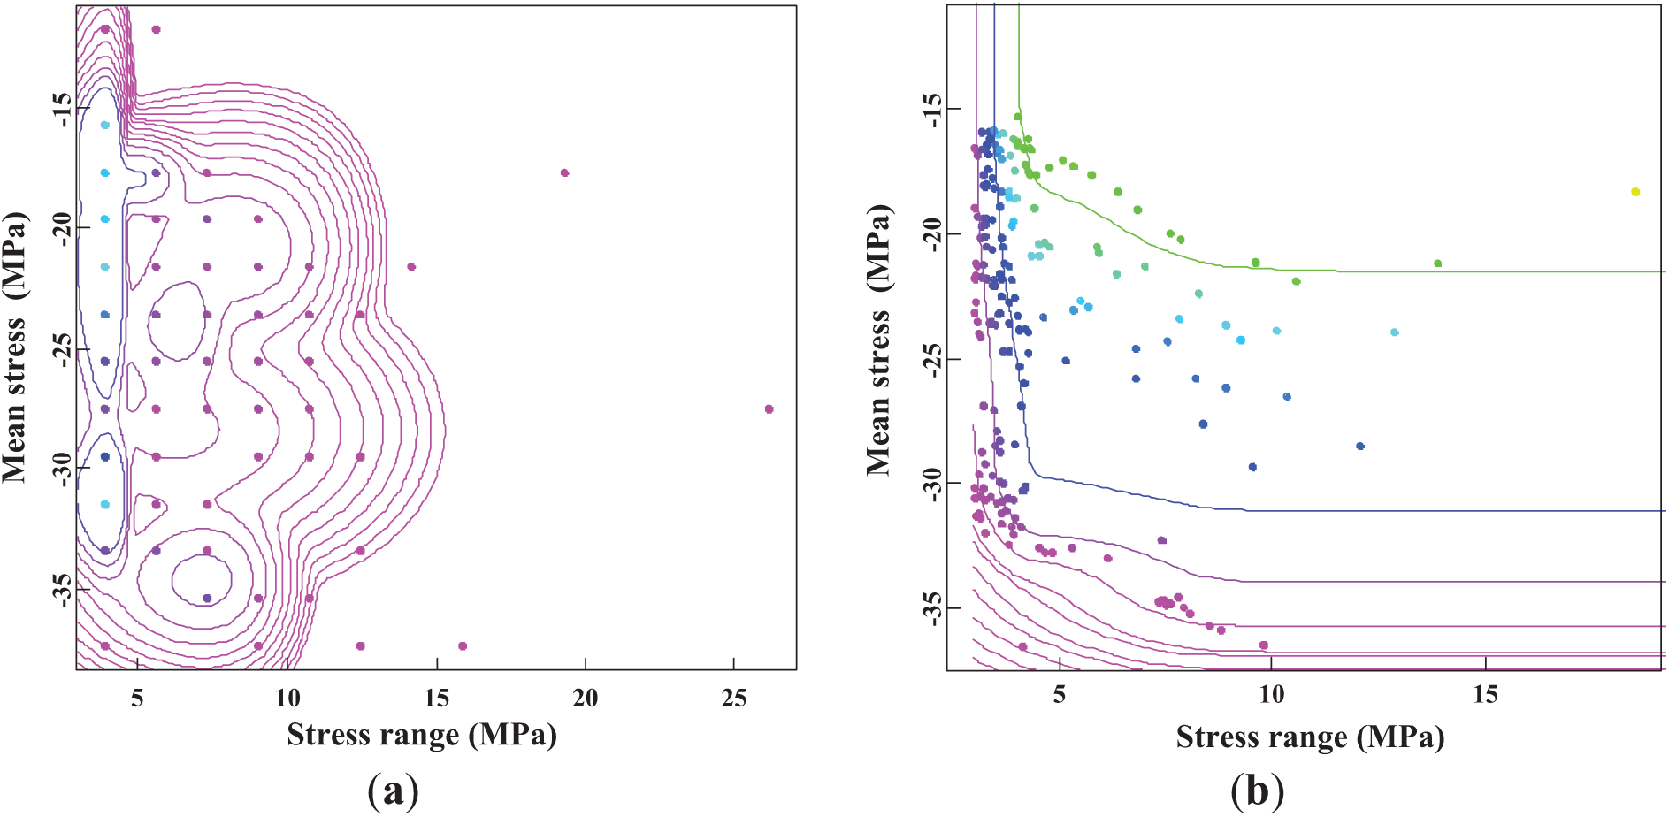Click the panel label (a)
point(392,791)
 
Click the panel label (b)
point(1257,791)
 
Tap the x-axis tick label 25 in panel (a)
point(734,699)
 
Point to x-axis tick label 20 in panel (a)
point(585,699)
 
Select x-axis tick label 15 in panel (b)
point(1485,695)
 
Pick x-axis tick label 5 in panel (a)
point(137,699)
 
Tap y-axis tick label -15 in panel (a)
point(62,109)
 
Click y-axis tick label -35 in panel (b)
point(931,608)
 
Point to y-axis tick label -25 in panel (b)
point(931,359)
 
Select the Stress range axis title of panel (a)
point(421,735)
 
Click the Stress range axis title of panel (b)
point(1310,737)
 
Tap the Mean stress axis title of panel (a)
point(15,347)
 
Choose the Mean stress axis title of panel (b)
point(879,340)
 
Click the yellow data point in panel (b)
point(1635,192)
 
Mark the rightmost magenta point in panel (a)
point(769,408)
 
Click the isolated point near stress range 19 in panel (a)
point(564,172)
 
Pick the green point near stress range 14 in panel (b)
point(1437,263)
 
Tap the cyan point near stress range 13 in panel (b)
point(1395,332)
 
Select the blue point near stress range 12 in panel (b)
point(1360,447)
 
